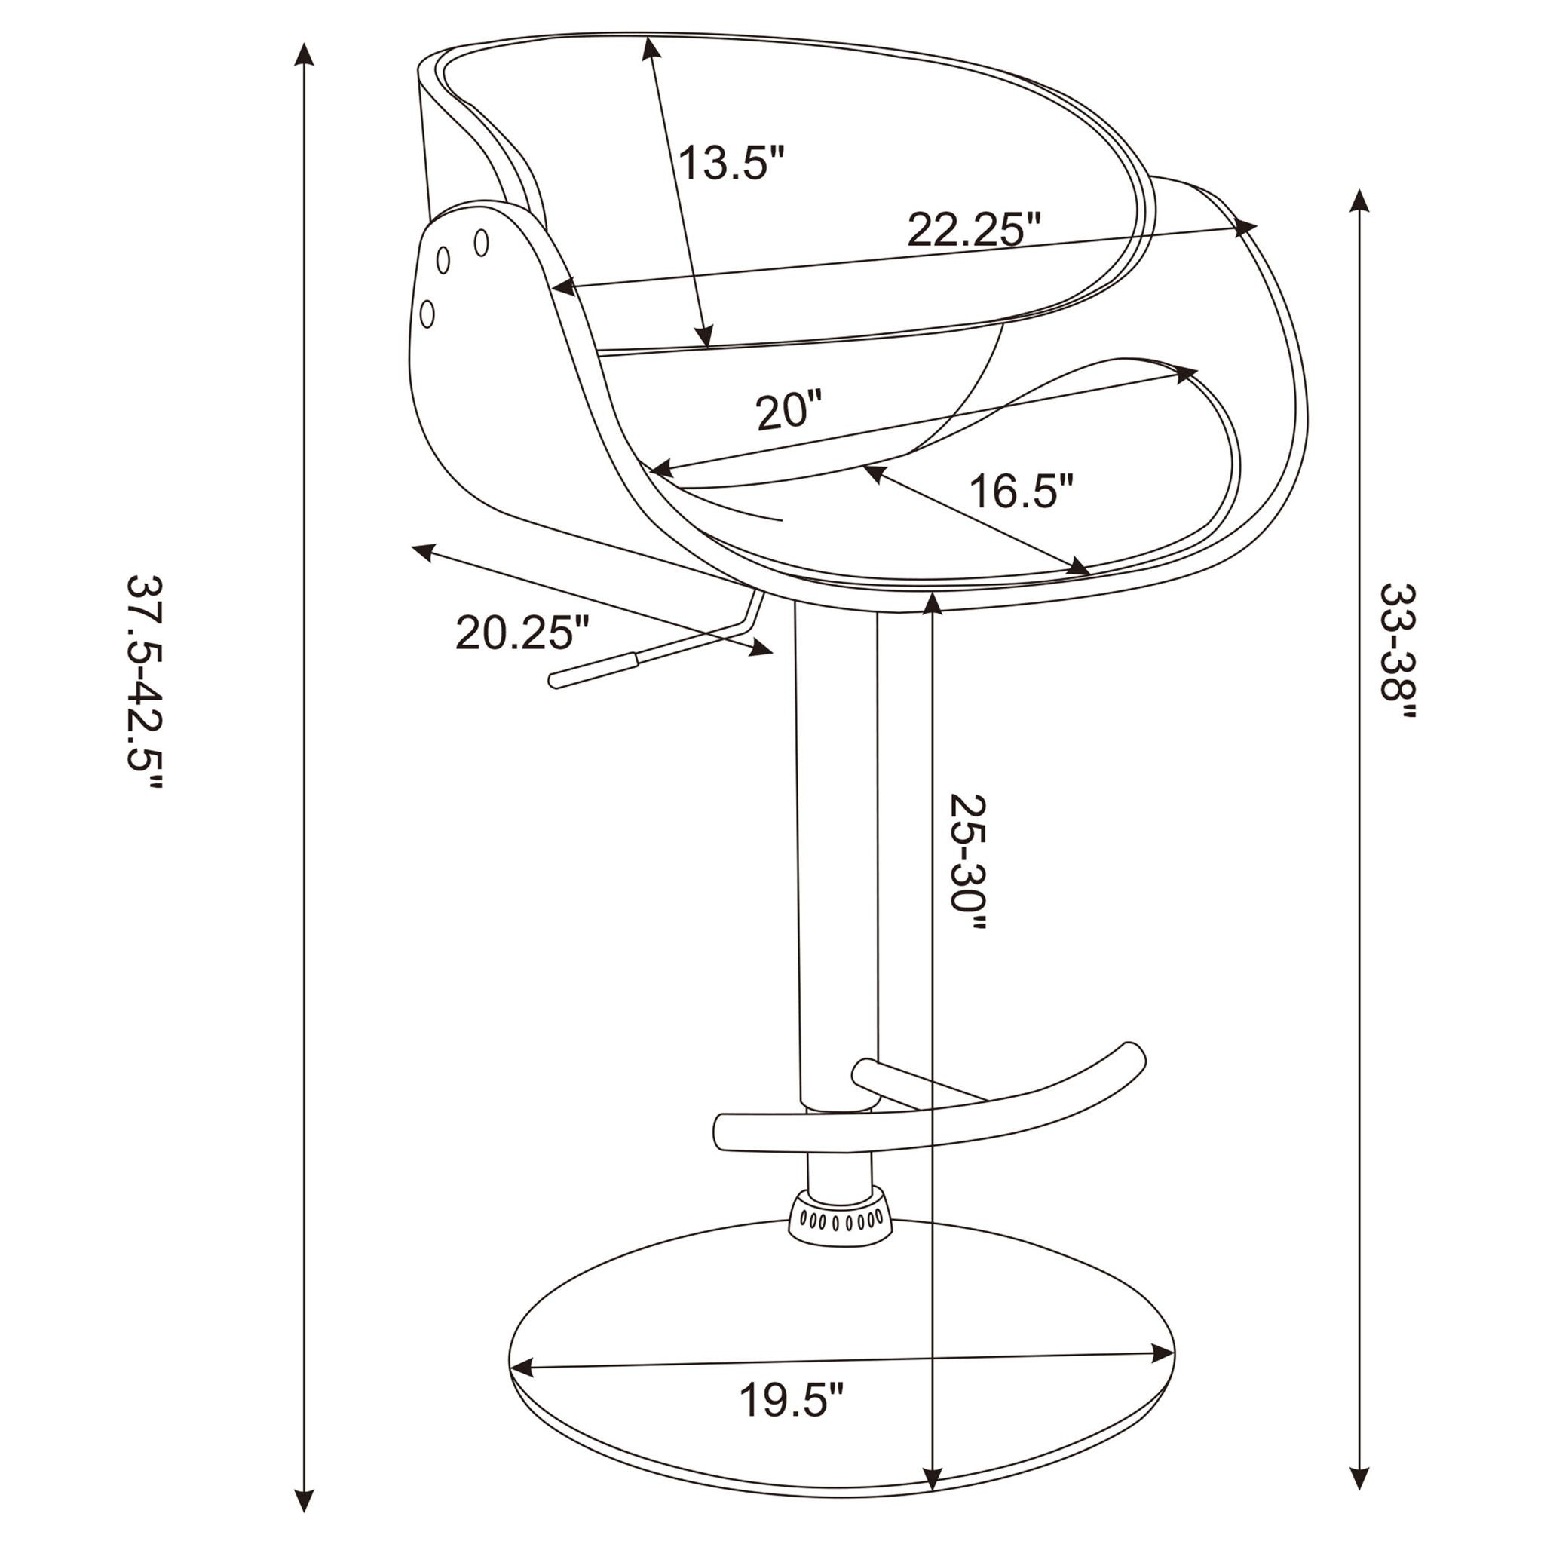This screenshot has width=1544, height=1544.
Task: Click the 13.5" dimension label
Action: tap(731, 163)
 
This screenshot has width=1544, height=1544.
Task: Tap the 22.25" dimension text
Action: tap(974, 230)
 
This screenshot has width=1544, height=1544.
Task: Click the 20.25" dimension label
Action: tap(522, 633)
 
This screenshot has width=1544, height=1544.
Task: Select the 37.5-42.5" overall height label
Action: tap(145, 682)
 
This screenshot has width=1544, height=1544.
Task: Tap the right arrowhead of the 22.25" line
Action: tap(1247, 227)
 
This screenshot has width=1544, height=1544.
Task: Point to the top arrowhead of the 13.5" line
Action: tap(651, 48)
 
